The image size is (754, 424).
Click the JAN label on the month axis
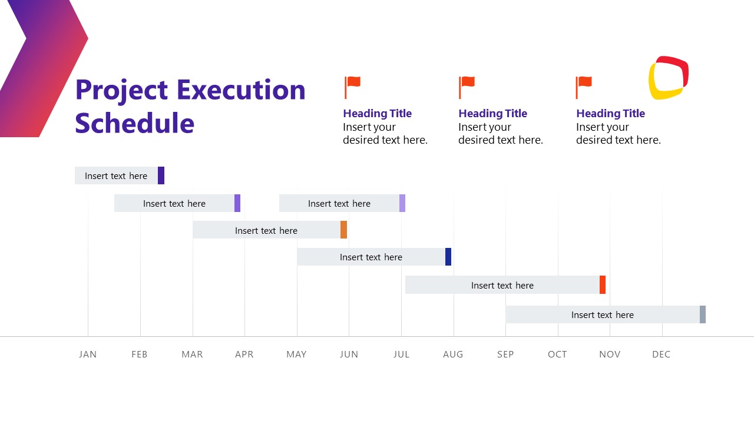pos(88,354)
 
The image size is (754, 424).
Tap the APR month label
pos(244,354)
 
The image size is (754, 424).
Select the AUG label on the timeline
pos(453,354)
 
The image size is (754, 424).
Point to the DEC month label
pos(662,354)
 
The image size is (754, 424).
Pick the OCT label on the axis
pos(557,354)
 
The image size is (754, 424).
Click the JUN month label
pos(349,354)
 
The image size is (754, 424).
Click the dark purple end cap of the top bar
pos(161,175)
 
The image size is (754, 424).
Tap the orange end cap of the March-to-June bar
pos(343,230)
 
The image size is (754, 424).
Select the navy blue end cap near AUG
pos(448,257)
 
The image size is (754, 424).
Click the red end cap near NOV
pos(603,284)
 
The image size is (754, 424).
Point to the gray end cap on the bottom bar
pos(703,314)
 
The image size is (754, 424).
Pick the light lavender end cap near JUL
pos(402,203)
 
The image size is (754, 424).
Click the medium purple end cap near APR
pos(237,203)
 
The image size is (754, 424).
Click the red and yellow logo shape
pos(669,78)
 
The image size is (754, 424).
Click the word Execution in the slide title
pos(241,90)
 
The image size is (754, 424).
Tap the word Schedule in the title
pos(134,123)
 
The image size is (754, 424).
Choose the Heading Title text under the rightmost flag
pos(610,114)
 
